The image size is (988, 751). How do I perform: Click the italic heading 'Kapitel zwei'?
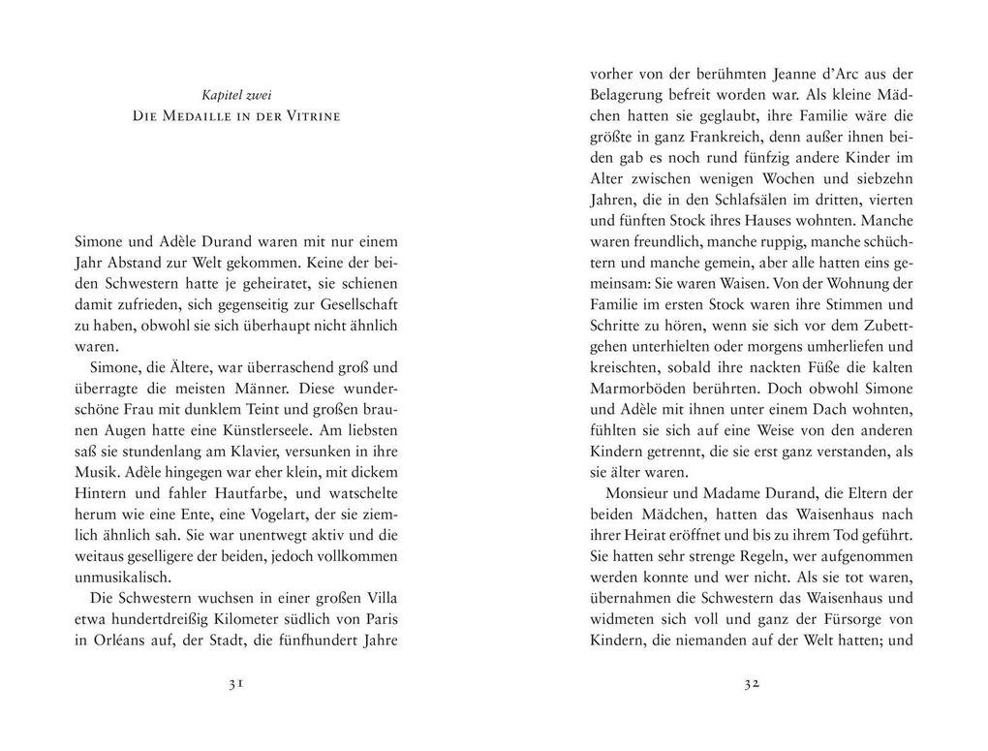point(236,95)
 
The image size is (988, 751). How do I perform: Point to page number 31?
point(235,683)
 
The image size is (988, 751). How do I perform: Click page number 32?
point(751,683)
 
